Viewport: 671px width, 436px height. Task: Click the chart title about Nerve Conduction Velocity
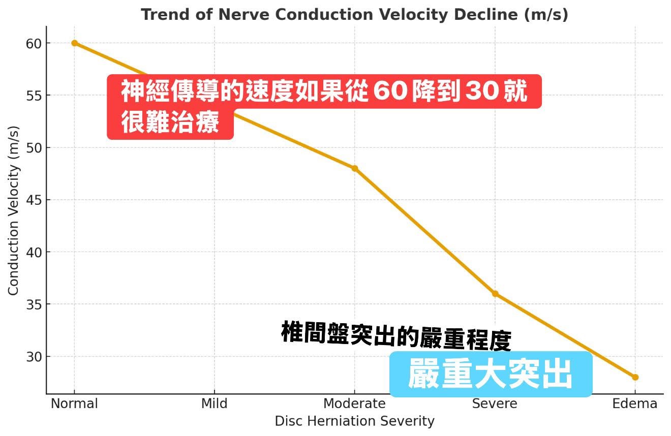tap(354, 15)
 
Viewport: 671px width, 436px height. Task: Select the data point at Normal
tap(75, 43)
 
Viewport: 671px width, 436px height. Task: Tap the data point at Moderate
tap(354, 169)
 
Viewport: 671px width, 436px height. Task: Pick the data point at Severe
tap(495, 294)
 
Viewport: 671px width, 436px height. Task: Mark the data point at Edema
tap(635, 377)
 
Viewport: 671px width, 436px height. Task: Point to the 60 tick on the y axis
tap(34, 43)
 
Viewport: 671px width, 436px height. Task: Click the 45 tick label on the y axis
tap(34, 200)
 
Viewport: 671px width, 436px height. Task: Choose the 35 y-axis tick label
tap(34, 304)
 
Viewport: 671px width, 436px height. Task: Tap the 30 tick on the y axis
tap(34, 357)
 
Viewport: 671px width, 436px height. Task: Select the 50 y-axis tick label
tap(34, 148)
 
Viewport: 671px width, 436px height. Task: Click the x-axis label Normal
tap(74, 404)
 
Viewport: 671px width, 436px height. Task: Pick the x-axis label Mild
tap(214, 404)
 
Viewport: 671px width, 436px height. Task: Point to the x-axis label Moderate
tap(354, 404)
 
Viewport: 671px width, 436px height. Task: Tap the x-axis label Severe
tap(495, 404)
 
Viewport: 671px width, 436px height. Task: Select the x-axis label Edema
tap(634, 404)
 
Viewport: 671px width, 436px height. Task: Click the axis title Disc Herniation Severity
tap(354, 421)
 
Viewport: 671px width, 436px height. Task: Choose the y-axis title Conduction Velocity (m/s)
tap(13, 210)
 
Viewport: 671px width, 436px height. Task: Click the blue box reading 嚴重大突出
tap(491, 375)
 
